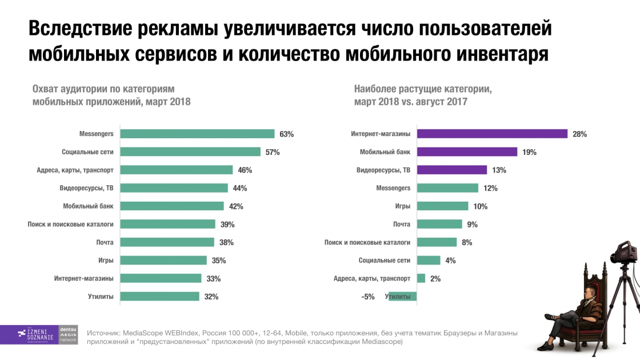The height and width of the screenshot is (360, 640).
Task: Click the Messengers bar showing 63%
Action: pos(198,134)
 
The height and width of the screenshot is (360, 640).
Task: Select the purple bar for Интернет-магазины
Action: pos(492,134)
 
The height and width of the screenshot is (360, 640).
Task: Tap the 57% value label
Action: pos(273,152)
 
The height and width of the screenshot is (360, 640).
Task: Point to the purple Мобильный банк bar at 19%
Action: pos(467,152)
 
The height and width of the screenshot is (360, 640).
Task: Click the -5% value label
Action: pos(368,297)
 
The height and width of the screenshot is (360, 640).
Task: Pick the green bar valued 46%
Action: pos(177,170)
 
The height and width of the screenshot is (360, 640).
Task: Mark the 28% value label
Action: pos(580,134)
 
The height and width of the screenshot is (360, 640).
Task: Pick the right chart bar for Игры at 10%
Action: pos(442,206)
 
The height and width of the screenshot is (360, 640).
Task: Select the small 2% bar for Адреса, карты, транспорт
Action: pos(421,278)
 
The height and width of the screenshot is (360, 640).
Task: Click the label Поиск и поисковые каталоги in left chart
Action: pos(70,224)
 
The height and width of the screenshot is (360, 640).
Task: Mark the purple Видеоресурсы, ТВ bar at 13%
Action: pos(451,170)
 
